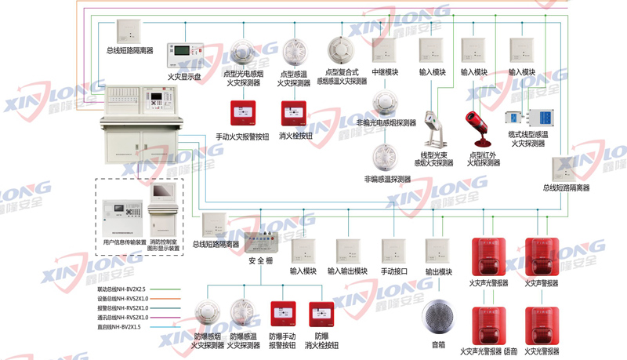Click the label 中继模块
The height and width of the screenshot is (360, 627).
click(385, 72)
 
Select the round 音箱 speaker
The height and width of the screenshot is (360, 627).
click(438, 317)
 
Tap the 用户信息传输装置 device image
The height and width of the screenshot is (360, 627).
click(125, 212)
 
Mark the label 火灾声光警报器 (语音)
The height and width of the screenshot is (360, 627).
click(489, 351)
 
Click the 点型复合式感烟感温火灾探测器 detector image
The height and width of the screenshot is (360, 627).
click(342, 53)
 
